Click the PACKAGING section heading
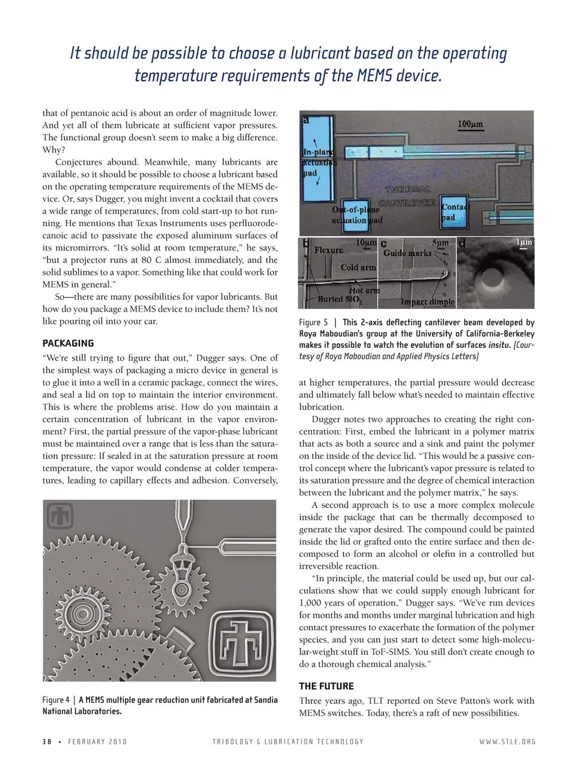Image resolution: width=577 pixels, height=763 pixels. [68, 344]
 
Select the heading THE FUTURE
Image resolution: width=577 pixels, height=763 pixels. [326, 686]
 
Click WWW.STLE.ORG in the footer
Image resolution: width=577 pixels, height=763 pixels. [507, 742]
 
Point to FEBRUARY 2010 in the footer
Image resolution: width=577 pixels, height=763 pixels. [97, 742]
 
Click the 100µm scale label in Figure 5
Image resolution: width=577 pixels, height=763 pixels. [470, 124]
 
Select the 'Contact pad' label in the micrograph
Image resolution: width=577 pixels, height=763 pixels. [454, 211]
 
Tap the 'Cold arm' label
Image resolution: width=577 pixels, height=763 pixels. [358, 267]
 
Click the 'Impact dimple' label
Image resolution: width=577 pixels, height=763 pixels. [428, 302]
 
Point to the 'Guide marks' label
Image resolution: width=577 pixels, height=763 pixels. [407, 253]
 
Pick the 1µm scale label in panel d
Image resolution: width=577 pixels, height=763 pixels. [524, 242]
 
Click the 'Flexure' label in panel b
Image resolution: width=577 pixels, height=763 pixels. [329, 250]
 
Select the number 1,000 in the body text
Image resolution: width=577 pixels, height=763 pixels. [312, 603]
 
